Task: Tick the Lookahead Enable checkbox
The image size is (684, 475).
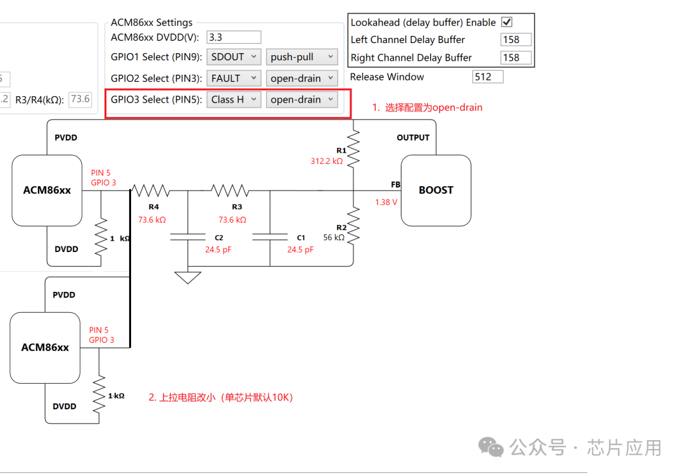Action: coord(507,22)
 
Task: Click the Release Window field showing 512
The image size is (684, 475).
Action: coord(488,77)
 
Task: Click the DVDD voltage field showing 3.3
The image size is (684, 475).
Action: coord(234,37)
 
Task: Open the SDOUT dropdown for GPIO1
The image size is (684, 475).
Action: coord(234,57)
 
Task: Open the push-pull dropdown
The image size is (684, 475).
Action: coord(301,57)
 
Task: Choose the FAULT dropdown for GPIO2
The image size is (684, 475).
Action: coord(234,79)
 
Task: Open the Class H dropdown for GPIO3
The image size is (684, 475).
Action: coord(234,99)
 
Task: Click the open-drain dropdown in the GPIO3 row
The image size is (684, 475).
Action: coord(301,99)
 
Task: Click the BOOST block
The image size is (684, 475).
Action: coord(436,190)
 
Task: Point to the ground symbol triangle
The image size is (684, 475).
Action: coord(188,277)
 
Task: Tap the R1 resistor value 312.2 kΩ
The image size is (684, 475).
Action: coord(327,161)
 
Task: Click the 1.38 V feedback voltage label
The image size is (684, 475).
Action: coord(386,203)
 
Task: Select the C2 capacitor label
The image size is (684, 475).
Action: coord(218,237)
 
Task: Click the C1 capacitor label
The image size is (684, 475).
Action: coord(301,237)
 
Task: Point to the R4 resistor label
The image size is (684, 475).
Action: coord(153,207)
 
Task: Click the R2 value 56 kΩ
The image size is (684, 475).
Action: coord(333,237)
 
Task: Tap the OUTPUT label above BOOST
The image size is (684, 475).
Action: coord(413,137)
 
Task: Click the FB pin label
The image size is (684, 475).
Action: coord(395,184)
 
